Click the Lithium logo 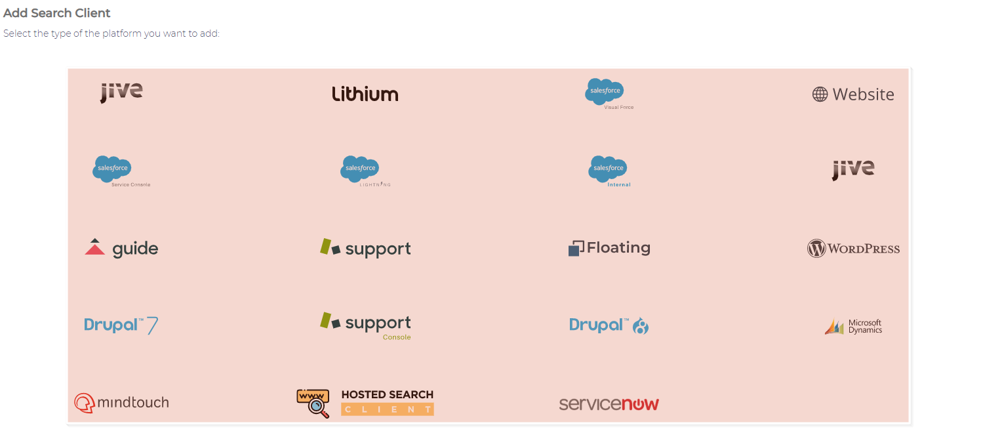tap(365, 94)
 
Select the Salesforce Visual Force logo tap(609, 94)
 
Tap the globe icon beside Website tap(819, 94)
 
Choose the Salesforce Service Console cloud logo tap(121, 171)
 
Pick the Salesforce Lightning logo tap(365, 171)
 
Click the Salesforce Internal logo tap(609, 171)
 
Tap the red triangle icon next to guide tap(94, 247)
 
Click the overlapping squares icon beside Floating tap(576, 248)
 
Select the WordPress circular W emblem tap(816, 249)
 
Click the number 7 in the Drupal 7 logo tap(152, 325)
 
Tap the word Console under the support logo tap(397, 337)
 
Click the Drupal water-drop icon tap(641, 325)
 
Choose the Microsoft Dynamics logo tap(853, 327)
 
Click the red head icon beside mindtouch tap(84, 403)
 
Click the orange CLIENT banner tap(388, 409)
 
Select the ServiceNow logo tap(609, 404)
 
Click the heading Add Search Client tap(56, 13)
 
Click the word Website tap(863, 94)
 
